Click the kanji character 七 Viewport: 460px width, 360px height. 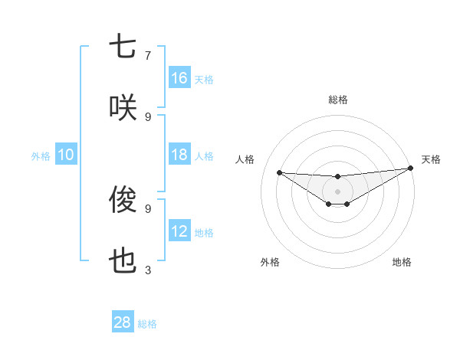click(x=123, y=47)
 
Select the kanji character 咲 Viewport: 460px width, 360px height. click(x=123, y=107)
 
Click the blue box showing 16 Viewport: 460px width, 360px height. click(x=179, y=78)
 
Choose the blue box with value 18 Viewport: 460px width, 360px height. click(x=179, y=155)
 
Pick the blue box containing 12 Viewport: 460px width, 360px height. click(x=179, y=231)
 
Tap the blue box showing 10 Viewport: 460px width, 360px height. click(x=66, y=155)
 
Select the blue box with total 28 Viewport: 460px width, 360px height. click(x=123, y=322)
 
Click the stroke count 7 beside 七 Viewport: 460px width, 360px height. click(x=148, y=55)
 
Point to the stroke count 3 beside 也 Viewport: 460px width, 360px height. click(x=148, y=270)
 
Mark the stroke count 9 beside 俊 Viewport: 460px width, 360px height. click(x=148, y=208)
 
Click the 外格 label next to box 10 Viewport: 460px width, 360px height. click(x=41, y=155)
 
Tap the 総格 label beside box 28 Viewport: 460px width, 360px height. click(x=147, y=324)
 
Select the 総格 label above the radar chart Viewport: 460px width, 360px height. click(x=337, y=100)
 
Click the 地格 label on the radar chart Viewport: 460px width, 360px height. click(x=402, y=263)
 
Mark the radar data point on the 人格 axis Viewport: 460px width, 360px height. click(x=279, y=172)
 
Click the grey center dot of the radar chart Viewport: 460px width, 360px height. click(x=337, y=191)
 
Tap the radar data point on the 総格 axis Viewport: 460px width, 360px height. click(x=337, y=177)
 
